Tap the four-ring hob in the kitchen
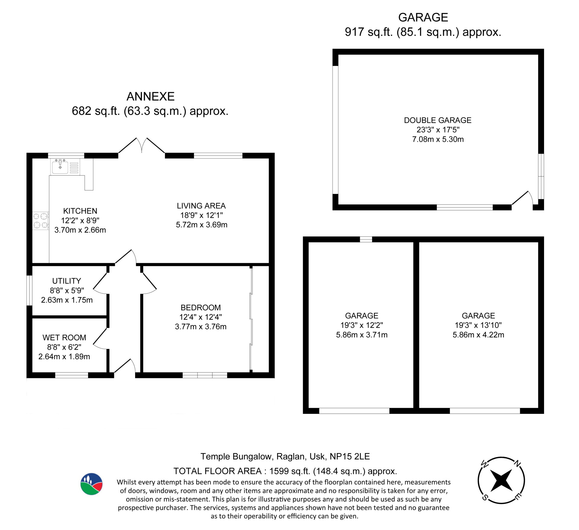click(x=41, y=221)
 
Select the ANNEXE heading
click(x=150, y=97)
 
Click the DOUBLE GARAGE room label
click(x=438, y=120)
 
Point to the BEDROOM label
click(x=201, y=307)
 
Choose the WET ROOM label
click(x=64, y=337)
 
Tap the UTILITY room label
click(x=67, y=281)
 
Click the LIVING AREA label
click(x=201, y=206)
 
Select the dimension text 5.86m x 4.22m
click(x=478, y=335)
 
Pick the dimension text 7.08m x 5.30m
click(x=438, y=139)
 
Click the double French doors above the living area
click(x=141, y=146)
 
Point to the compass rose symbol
click(x=501, y=480)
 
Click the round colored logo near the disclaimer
click(x=91, y=484)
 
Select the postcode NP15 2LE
click(x=350, y=456)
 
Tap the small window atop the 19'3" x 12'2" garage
click(x=366, y=239)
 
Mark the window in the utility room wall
click(x=29, y=290)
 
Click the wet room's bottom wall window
click(x=71, y=375)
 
